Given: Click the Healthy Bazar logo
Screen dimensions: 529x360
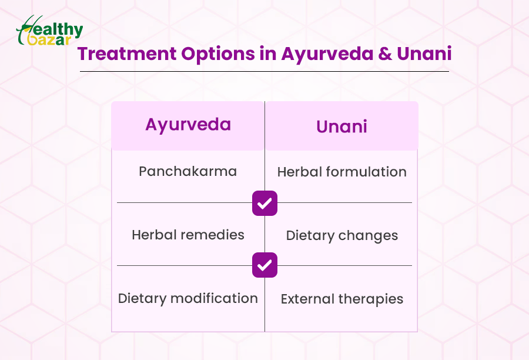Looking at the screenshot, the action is point(49,31).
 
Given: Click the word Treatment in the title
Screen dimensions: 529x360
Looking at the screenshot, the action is point(127,54).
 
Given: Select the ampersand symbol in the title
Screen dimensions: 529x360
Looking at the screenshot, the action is point(384,54).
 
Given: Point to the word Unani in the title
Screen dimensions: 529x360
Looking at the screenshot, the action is point(424,54).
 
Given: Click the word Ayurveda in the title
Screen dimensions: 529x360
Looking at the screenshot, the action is point(327,54).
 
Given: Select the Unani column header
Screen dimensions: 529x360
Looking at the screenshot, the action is point(341,126).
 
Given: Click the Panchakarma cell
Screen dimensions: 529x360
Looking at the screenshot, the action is point(188,171).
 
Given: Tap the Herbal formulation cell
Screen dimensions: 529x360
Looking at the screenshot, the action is point(341,172).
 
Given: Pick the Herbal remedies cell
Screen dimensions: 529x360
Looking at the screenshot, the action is point(188,235).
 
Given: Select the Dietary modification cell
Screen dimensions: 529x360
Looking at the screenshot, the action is point(188,299).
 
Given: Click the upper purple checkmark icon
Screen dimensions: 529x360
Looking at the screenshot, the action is point(265,204).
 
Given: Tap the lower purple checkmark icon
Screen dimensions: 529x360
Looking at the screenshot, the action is point(265,265).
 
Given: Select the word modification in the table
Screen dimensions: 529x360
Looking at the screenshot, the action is point(214,298).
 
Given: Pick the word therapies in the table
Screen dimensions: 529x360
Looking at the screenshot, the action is point(371,299).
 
